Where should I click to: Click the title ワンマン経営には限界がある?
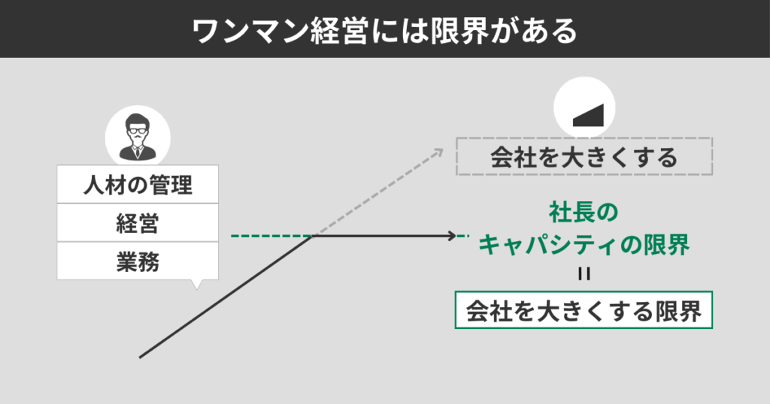click(384, 29)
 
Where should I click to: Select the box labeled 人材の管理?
click(138, 184)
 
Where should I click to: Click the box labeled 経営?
click(138, 223)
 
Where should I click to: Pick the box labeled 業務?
click(138, 261)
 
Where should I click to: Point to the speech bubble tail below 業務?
click(197, 285)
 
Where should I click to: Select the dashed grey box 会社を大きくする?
click(584, 157)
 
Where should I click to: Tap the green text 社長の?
click(584, 213)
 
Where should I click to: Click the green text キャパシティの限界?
click(584, 244)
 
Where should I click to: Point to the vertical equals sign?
click(584, 273)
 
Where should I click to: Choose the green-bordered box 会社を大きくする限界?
click(584, 310)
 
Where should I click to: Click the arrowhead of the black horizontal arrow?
click(451, 237)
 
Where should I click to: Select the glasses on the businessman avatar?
click(138, 131)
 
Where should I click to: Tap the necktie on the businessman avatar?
click(138, 152)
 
